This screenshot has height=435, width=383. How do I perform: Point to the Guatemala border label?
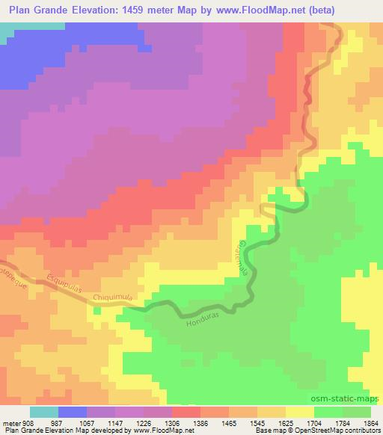pos(245,259)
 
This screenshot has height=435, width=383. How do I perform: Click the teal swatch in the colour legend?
pos(44,412)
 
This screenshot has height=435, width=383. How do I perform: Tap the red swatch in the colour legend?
pos(187,412)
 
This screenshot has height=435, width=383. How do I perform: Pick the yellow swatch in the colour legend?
pos(301,412)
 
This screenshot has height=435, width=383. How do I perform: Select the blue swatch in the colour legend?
pos(73,412)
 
